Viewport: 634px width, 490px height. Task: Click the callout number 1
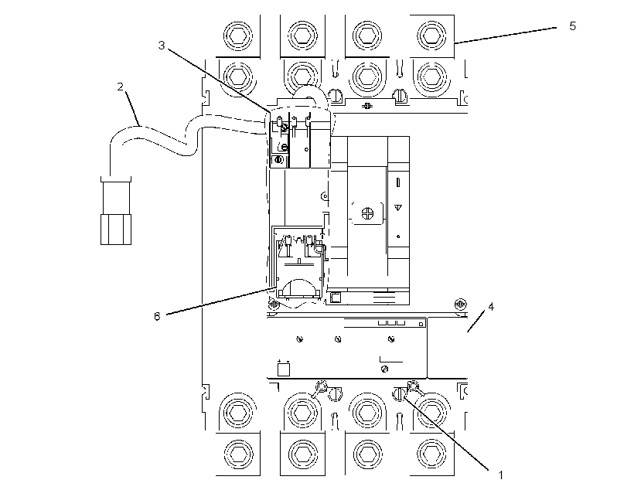pyautogui.click(x=500, y=475)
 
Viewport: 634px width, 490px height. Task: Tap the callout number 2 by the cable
pyautogui.click(x=120, y=87)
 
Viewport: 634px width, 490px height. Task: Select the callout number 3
pyautogui.click(x=162, y=46)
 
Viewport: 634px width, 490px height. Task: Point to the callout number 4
pyautogui.click(x=491, y=307)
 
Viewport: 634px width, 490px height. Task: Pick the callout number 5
pyautogui.click(x=573, y=26)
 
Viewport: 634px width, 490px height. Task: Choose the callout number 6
pyautogui.click(x=157, y=316)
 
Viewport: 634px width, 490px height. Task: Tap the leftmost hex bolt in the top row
pyautogui.click(x=238, y=36)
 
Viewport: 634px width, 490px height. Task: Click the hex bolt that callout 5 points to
pyautogui.click(x=432, y=36)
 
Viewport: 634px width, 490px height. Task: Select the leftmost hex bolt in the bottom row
pyautogui.click(x=238, y=454)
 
